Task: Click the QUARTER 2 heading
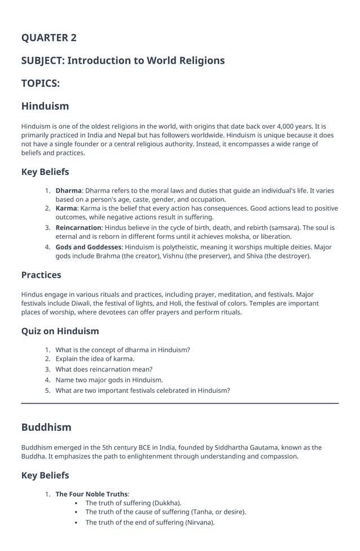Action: tap(49, 38)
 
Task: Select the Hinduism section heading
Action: tap(45, 106)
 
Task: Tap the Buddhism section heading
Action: tap(46, 427)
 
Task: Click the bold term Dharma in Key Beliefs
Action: tap(68, 191)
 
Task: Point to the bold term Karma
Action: tap(66, 209)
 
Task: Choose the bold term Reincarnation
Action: tap(78, 228)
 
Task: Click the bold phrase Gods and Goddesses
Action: tap(88, 247)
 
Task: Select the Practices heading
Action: tap(41, 275)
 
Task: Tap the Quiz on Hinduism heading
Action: tap(60, 331)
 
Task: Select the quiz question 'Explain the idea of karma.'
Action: tap(95, 358)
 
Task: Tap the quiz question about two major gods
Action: tap(109, 380)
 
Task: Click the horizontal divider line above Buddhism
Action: tap(180, 403)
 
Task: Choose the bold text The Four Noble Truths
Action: tap(91, 494)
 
